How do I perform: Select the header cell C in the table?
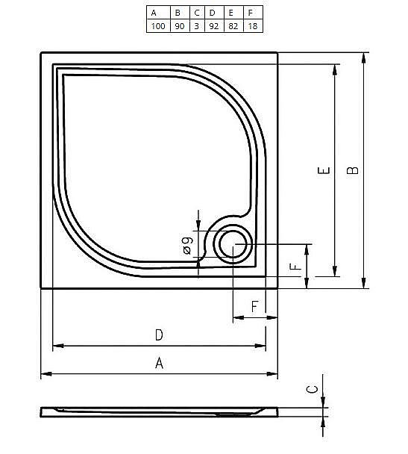coord(196,13)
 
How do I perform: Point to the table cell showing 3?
coord(196,25)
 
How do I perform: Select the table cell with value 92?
coord(213,25)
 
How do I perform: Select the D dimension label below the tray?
coord(159,335)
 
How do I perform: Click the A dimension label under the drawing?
coord(159,363)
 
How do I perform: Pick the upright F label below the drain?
coord(254,307)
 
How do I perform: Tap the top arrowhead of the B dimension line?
coord(364,57)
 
